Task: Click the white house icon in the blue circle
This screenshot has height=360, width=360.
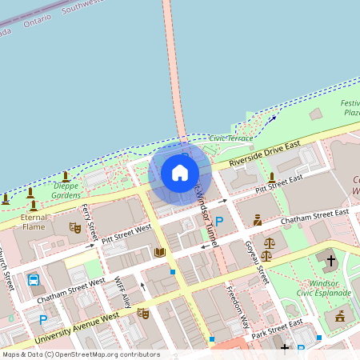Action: click(x=179, y=172)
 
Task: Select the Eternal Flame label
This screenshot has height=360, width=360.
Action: click(x=33, y=222)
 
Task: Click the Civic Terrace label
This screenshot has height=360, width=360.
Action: click(x=231, y=138)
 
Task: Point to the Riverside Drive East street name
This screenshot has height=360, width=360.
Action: click(x=263, y=152)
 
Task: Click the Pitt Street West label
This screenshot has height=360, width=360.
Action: click(x=121, y=234)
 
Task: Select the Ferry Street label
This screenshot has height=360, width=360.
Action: click(x=90, y=223)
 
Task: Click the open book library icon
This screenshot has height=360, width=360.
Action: click(x=160, y=253)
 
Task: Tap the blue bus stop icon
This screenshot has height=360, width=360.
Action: click(x=34, y=280)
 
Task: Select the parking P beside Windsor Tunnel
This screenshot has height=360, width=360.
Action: click(x=218, y=220)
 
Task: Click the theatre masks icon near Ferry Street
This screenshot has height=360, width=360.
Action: click(x=76, y=227)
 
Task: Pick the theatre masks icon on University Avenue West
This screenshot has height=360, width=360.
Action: click(x=143, y=313)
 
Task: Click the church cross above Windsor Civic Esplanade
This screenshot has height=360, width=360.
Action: click(x=330, y=260)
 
